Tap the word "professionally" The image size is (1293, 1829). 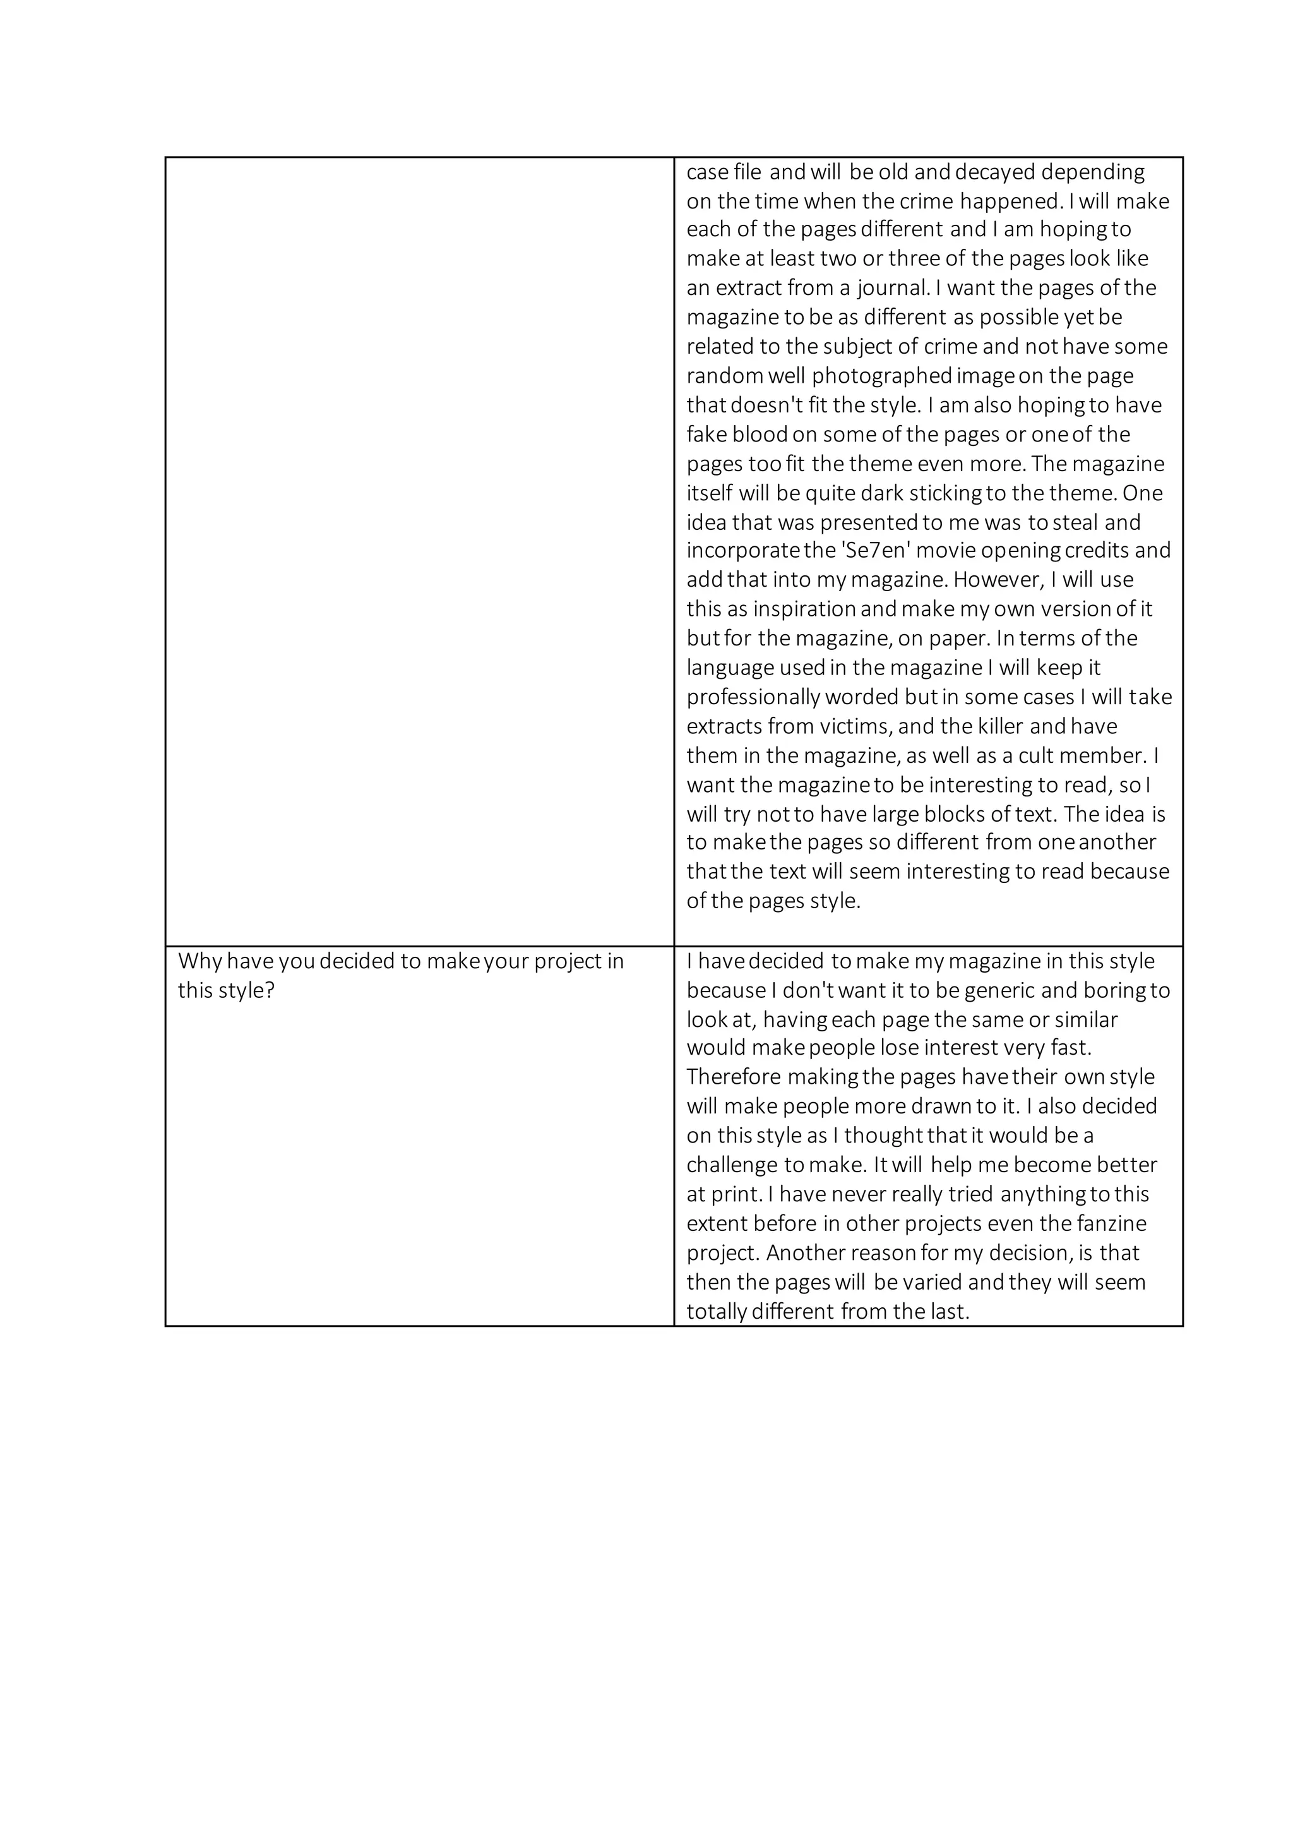(753, 697)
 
